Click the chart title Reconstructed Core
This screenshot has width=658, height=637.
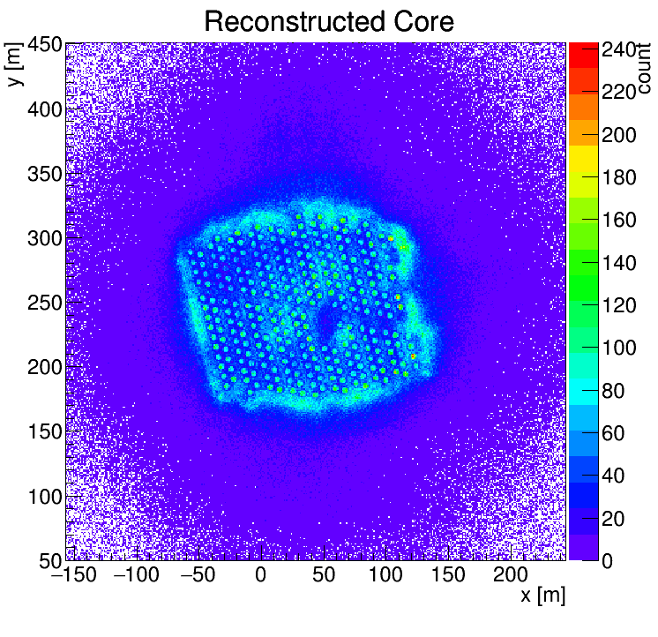[x=328, y=21]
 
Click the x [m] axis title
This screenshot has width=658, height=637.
[x=542, y=596]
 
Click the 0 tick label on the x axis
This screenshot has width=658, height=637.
[x=260, y=576]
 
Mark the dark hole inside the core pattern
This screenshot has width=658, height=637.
[x=325, y=323]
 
